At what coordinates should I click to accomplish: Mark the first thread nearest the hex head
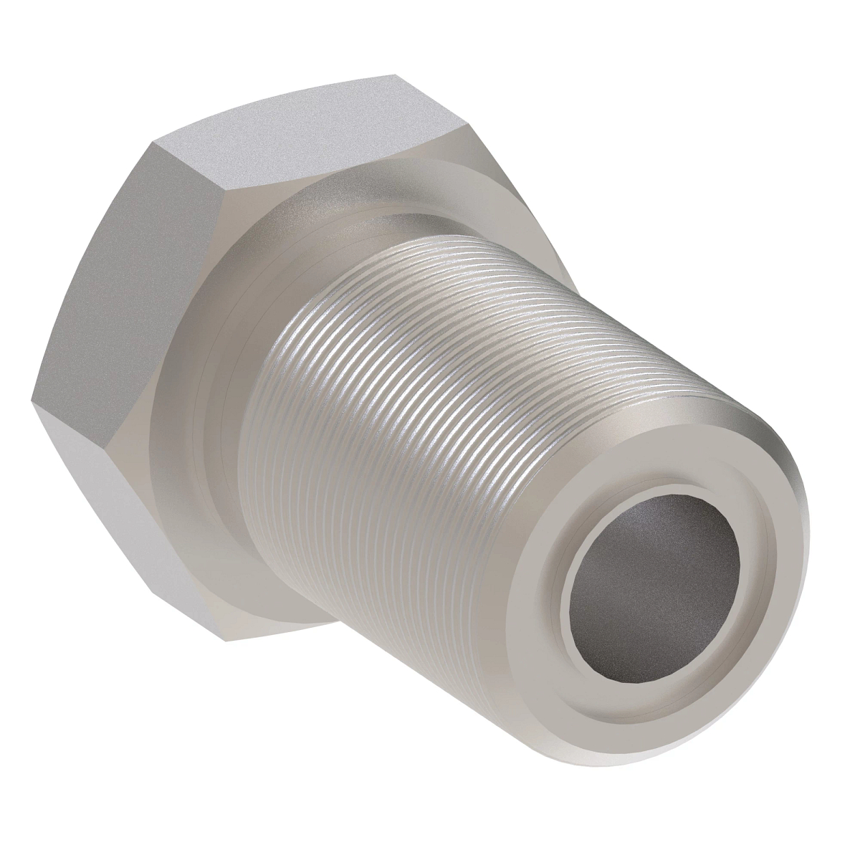point(287,373)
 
